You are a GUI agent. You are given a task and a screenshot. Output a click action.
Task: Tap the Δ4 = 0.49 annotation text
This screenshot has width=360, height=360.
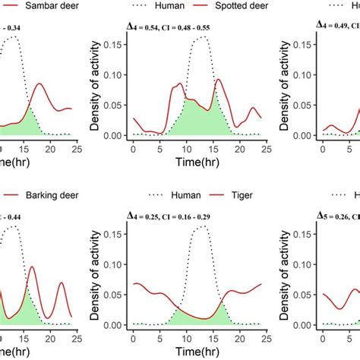337,27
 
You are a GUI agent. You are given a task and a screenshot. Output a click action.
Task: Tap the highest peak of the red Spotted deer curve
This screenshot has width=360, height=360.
219,79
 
